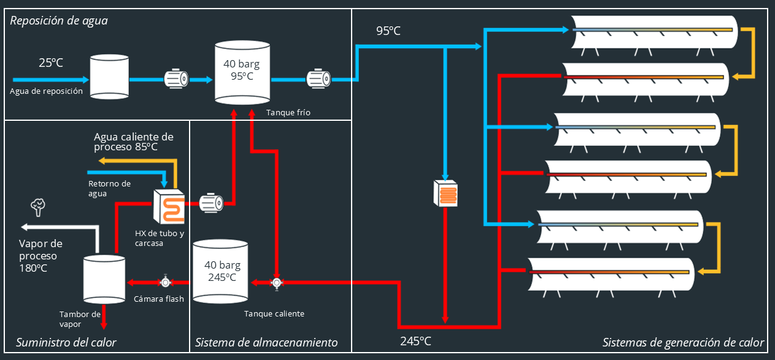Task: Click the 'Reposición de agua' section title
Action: [59, 21]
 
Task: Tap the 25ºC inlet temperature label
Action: [51, 63]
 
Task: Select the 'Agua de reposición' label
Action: [46, 91]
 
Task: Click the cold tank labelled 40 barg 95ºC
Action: [242, 72]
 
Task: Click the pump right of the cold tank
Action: [318, 79]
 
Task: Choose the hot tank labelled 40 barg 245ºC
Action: [220, 271]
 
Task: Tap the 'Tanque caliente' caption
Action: [274, 313]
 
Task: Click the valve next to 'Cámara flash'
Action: [165, 282]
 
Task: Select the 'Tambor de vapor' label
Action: [80, 319]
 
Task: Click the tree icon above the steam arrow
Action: [39, 207]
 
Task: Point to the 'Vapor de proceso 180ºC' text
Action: [40, 256]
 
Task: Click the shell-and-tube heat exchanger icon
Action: [170, 206]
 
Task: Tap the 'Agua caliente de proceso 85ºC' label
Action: [133, 142]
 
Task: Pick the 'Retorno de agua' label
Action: [109, 188]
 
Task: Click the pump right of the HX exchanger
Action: [210, 202]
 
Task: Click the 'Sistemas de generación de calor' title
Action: [683, 342]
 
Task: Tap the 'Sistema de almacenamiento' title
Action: [266, 342]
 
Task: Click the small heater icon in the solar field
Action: [446, 193]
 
